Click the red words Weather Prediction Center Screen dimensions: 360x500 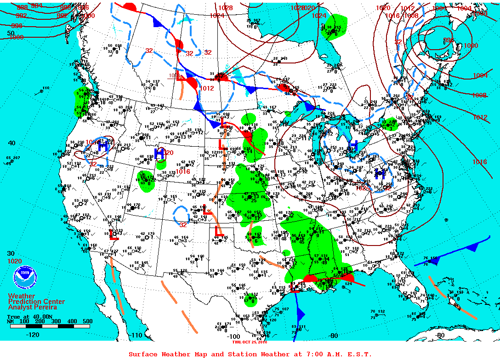point(36,301)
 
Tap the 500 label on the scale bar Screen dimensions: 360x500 point(87,321)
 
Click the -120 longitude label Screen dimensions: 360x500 point(33,335)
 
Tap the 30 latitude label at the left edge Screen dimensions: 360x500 point(11,253)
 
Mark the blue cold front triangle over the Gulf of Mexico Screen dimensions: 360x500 point(301,314)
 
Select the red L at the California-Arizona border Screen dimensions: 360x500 point(114,235)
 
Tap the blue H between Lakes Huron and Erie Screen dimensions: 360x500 point(353,146)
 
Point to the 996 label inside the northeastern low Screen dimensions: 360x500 point(449,40)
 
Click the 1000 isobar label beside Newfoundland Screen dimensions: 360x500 point(471,46)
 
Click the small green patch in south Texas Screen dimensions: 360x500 point(250,300)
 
